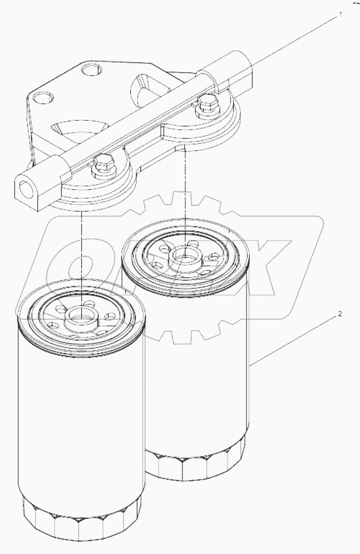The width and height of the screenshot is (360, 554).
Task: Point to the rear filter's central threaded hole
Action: click(x=183, y=256)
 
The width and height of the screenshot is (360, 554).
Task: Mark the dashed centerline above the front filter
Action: click(x=81, y=251)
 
